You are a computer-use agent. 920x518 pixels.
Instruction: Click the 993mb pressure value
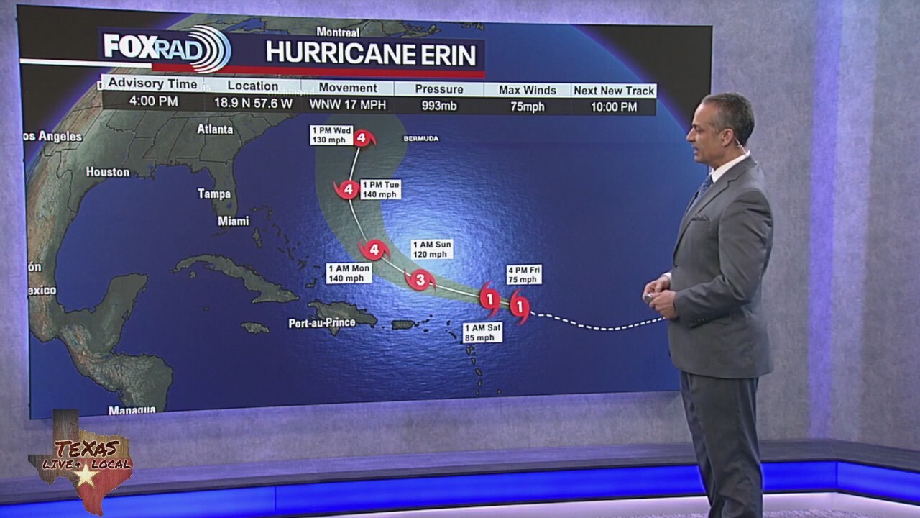click(x=439, y=106)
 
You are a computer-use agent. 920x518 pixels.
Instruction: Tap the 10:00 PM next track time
click(x=614, y=106)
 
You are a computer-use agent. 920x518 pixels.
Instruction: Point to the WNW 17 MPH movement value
click(x=348, y=105)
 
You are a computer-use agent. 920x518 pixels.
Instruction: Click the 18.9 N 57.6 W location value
click(x=252, y=103)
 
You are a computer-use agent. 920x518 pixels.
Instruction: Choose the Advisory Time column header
click(x=152, y=84)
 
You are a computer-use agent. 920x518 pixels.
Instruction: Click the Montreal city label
click(x=338, y=32)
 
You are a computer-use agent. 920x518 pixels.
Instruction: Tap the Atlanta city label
click(x=215, y=129)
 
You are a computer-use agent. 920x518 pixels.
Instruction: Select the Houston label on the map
click(x=108, y=172)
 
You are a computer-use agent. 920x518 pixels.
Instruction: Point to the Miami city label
click(x=233, y=222)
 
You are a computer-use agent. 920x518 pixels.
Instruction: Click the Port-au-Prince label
click(x=322, y=323)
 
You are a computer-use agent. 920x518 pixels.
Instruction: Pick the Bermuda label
click(x=420, y=138)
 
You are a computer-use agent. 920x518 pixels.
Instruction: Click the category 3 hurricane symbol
click(x=420, y=280)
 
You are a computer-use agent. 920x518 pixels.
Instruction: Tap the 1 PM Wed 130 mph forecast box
click(x=331, y=135)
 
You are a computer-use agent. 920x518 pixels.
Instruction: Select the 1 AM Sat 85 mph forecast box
click(x=482, y=332)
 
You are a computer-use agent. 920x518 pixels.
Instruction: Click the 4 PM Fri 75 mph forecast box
click(x=523, y=275)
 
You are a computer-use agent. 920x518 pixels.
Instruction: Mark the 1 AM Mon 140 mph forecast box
click(x=349, y=273)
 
